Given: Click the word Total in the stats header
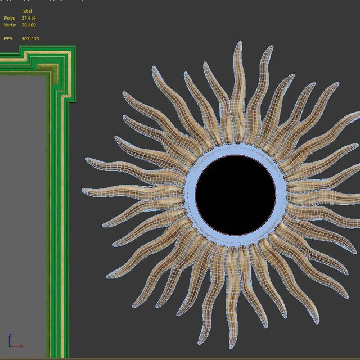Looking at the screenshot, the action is pyautogui.click(x=26, y=11).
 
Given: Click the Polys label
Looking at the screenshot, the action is pyautogui.click(x=10, y=18).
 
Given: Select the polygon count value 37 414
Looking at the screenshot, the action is pyautogui.click(x=29, y=18).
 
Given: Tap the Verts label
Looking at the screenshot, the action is pyautogui.click(x=10, y=25).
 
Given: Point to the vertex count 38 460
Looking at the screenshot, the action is pyautogui.click(x=29, y=25).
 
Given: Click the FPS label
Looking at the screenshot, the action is pyautogui.click(x=9, y=39).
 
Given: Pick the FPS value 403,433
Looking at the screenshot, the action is pyautogui.click(x=30, y=39).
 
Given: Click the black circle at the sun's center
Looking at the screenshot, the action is pyautogui.click(x=236, y=195).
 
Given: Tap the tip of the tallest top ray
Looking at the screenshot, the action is pyautogui.click(x=240, y=42).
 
